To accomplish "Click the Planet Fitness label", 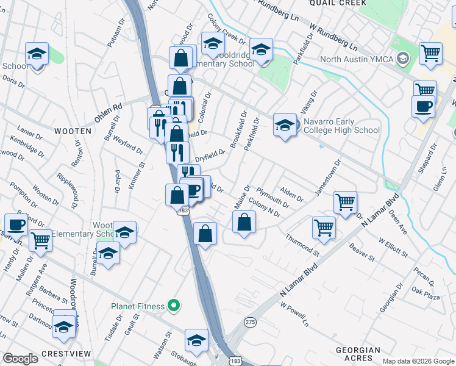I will (137, 306).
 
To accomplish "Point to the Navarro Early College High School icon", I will (285, 126).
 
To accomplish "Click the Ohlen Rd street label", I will (108, 111).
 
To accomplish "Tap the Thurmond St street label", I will (302, 244).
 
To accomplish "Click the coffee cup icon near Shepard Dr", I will (422, 107).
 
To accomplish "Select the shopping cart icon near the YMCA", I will (430, 53).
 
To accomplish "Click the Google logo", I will (21, 359).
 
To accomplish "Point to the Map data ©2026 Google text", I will (418, 361).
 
